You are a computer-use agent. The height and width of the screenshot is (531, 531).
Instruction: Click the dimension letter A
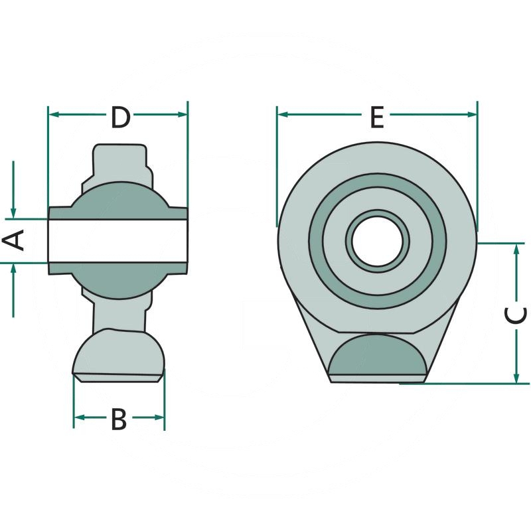pos(13,240)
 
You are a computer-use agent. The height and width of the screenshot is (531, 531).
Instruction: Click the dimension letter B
pos(119,419)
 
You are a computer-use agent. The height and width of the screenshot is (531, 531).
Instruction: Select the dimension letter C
pos(516,314)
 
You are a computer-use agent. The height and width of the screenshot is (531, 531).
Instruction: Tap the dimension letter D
pos(121,117)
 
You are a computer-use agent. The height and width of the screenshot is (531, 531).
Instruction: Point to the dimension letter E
pos(376,117)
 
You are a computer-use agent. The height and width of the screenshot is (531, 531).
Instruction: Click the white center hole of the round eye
pos(378,241)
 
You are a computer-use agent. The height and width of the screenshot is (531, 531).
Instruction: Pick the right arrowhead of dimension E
pos(471,114)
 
